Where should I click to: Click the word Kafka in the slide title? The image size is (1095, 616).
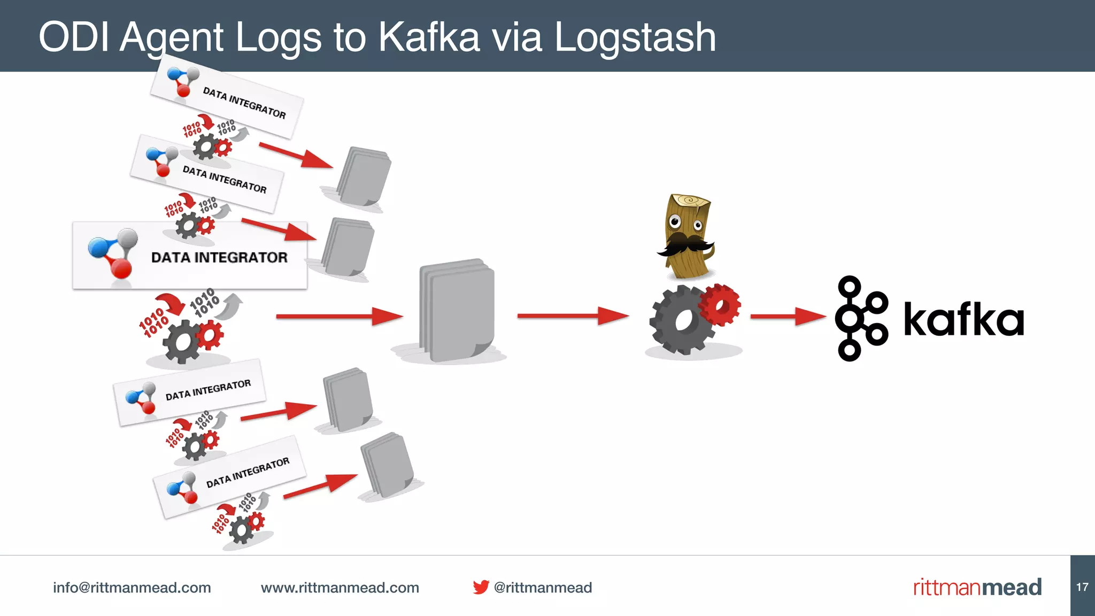429,37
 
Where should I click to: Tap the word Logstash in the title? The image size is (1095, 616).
635,37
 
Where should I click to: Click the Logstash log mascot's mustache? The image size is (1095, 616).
684,245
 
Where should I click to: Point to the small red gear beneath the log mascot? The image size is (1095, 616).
720,305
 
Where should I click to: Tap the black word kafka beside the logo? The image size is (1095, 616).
963,320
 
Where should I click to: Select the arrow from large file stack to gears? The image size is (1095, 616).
572,316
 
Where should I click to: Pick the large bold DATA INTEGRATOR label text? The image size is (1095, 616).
219,258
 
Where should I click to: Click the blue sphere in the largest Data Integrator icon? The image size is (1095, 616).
99,248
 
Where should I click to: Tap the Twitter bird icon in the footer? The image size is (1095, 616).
481,587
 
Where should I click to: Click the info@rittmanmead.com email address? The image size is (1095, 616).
132,588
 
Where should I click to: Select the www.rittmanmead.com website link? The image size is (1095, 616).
340,588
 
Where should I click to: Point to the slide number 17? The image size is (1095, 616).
1082,587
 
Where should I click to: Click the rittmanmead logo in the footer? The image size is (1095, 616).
977,587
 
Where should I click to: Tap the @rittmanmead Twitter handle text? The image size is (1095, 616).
543,588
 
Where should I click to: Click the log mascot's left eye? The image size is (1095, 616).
675,220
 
